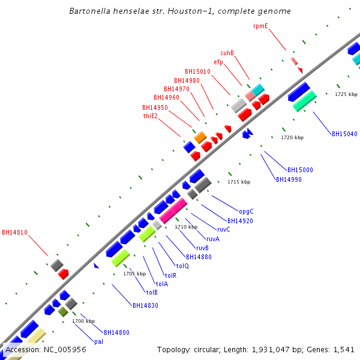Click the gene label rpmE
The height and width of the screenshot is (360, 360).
pos(260,26)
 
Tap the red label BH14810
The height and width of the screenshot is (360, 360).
pos(14,232)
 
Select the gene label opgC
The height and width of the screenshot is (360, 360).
pos(246,211)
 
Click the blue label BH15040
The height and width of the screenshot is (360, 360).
pos(344,134)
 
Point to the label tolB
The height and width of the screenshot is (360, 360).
pos(152,292)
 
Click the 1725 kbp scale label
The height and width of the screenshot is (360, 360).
pos(346,94)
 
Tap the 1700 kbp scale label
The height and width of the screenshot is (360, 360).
pos(83,321)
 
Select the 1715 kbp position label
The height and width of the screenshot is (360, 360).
pos(239,182)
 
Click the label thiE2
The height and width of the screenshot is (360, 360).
pos(150,116)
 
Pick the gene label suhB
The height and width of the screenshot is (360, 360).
pos(227,53)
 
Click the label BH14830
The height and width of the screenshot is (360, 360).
pos(145,305)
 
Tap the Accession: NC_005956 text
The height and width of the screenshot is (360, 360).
pos(46,349)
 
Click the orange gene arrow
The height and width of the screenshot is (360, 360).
pos(200,137)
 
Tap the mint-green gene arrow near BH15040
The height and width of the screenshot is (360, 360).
pos(305,100)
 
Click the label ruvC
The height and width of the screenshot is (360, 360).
pos(224,229)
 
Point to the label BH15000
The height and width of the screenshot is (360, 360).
pos(300,170)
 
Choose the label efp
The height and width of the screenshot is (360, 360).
pos(218,62)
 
